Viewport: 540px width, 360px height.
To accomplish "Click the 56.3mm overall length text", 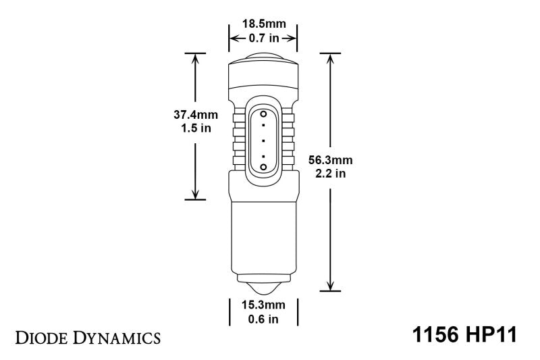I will coord(330,160).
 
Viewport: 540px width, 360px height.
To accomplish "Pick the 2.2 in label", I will coord(330,174).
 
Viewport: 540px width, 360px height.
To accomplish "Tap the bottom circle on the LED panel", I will coord(263,166).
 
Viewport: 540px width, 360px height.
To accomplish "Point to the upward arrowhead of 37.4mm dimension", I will coord(195,57).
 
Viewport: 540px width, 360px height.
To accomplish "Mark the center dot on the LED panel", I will coord(263,140).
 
